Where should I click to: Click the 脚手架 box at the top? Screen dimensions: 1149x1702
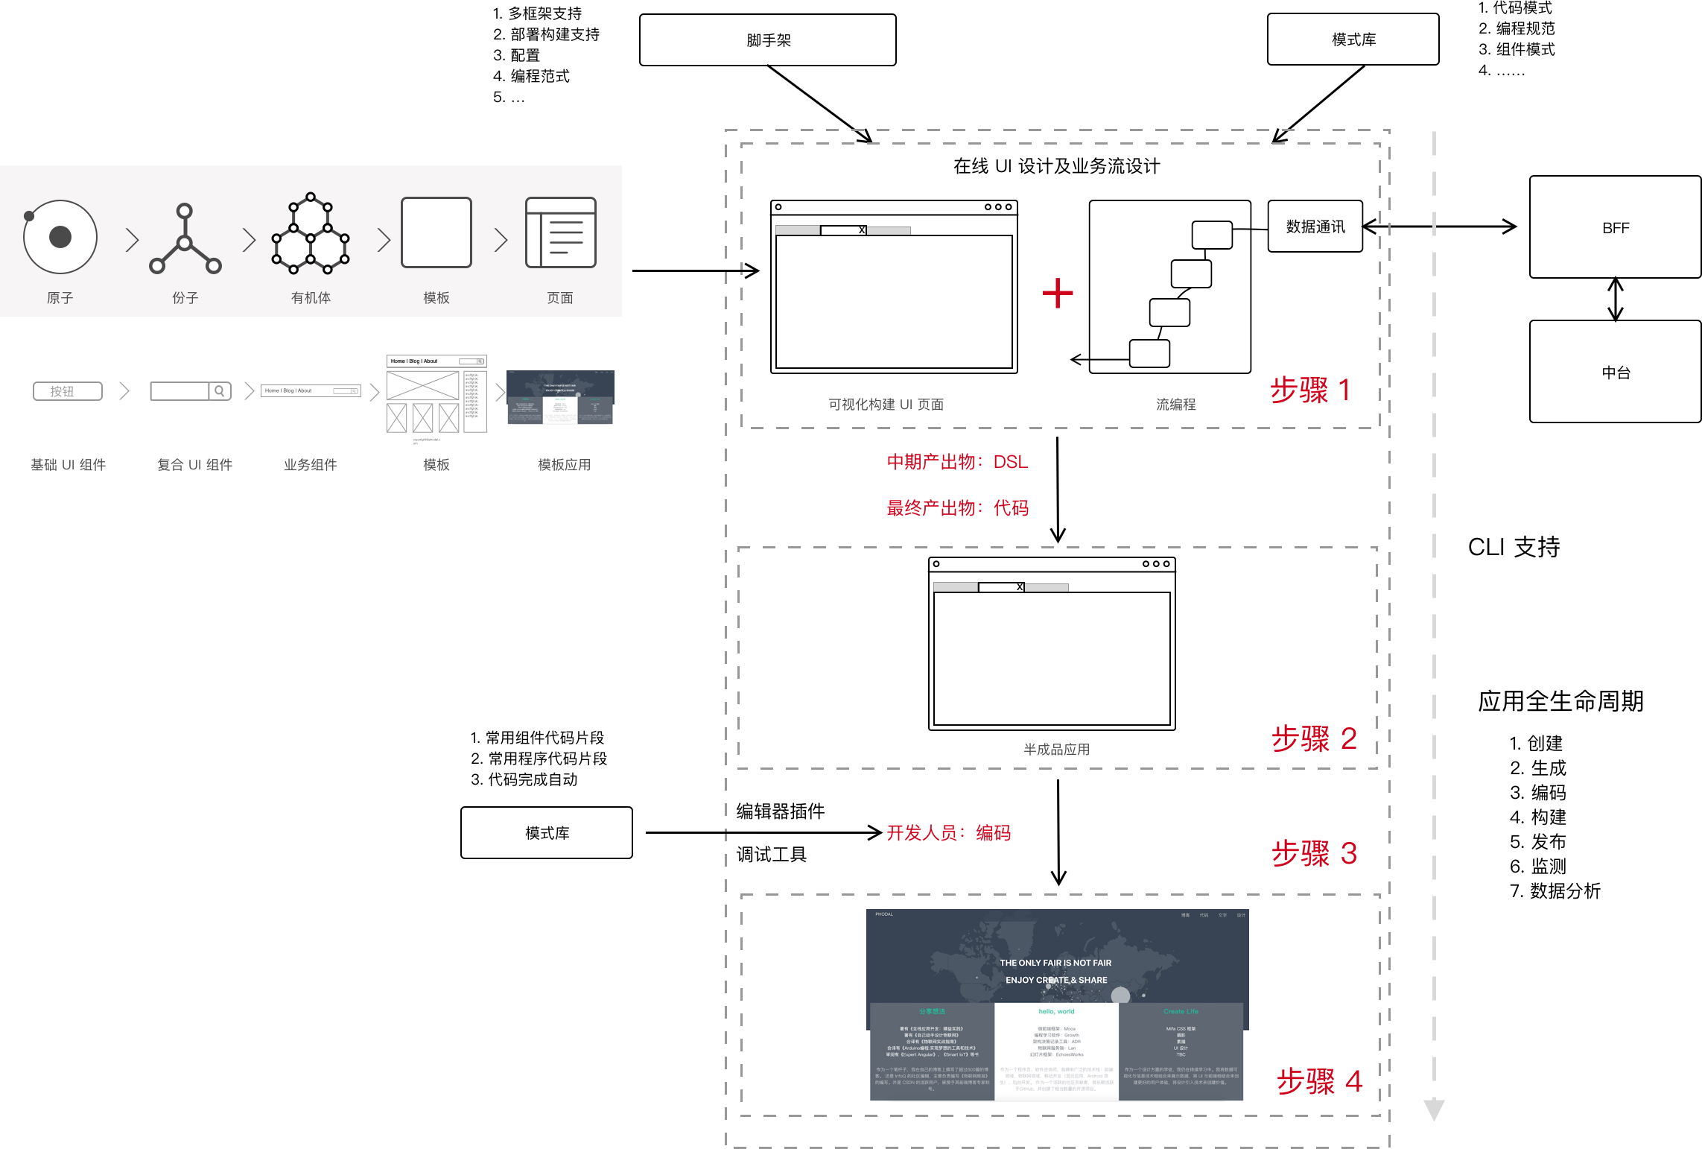point(767,40)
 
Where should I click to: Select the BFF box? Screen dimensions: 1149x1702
point(1615,227)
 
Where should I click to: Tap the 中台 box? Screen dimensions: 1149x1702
point(1615,372)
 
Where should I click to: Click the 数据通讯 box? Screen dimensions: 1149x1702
point(1315,227)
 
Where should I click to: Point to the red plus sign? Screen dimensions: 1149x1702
point(1057,293)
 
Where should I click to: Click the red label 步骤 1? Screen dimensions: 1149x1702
point(1310,390)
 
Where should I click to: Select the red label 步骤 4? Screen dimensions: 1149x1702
point(1319,1081)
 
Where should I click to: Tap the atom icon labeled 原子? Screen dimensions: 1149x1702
point(60,237)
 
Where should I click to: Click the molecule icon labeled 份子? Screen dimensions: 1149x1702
point(185,238)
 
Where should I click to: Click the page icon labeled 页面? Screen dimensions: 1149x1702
point(560,232)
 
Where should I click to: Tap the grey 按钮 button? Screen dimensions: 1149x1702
point(68,391)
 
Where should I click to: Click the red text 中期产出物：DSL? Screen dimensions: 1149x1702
point(957,462)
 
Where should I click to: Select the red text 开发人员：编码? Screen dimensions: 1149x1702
point(949,833)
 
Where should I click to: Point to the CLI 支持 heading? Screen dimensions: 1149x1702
point(1514,547)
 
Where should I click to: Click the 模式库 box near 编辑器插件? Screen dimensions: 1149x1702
point(547,833)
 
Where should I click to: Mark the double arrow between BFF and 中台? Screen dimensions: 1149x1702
point(1615,300)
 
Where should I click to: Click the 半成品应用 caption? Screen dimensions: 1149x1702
point(1056,750)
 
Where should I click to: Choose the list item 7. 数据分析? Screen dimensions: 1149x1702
point(1555,891)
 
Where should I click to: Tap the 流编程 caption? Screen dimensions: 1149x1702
point(1175,405)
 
